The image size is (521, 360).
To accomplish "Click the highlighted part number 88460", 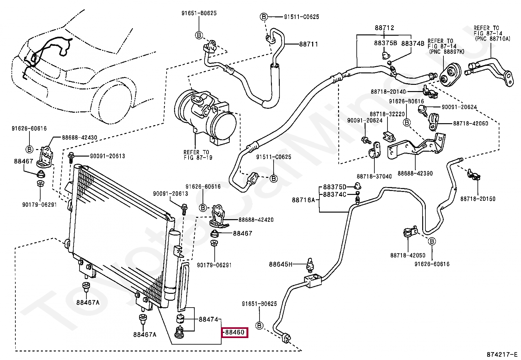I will (x=235, y=332).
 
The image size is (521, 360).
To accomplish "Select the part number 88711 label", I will (x=308, y=44).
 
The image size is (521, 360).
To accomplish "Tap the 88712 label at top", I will (x=384, y=28).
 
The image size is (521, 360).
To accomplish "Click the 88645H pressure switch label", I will (x=280, y=264).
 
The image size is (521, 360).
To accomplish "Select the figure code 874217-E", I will (x=501, y=354).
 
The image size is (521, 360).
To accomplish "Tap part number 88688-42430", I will (x=80, y=138).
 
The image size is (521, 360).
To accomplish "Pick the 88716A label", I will (x=303, y=200).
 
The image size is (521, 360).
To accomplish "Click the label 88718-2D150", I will (x=477, y=199).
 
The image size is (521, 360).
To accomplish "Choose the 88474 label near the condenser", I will (x=208, y=319).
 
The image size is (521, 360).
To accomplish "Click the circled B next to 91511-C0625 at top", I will (x=264, y=17).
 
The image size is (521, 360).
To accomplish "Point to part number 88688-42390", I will (x=415, y=173).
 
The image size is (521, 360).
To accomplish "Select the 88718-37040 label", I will (x=374, y=177).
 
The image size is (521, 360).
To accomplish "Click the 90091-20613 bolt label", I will (x=107, y=156).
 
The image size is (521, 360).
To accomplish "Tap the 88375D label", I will (x=334, y=187).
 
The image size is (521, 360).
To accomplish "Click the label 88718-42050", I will (x=407, y=255).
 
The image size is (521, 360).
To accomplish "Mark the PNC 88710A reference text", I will (x=492, y=39).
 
